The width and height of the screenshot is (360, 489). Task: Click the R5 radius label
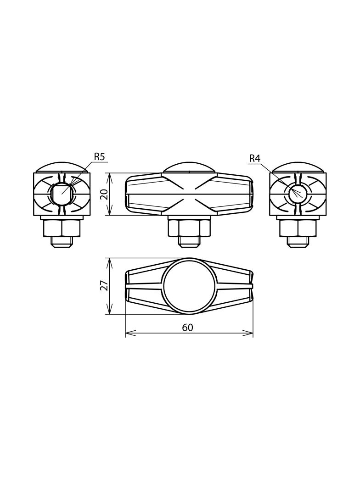coord(99,157)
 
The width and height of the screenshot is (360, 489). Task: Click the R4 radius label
coord(254,159)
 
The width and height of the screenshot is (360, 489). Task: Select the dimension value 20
coord(104,194)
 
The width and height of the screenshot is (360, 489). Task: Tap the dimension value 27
coord(104,285)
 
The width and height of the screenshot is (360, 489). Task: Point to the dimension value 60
coord(187,328)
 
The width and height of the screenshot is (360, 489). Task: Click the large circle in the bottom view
coord(189,286)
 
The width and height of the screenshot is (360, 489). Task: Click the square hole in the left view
coord(62,194)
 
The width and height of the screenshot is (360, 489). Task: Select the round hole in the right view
coord(298,194)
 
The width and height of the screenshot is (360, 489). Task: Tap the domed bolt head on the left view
coord(62,167)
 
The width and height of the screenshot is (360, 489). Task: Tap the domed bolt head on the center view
coord(189,167)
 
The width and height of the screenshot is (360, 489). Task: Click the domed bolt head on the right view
coord(298,167)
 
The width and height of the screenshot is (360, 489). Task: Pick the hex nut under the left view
coord(62,228)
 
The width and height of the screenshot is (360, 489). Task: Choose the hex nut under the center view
coord(189,228)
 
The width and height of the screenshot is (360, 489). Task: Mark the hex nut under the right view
coord(298,228)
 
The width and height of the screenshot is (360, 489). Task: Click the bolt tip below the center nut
coord(189,242)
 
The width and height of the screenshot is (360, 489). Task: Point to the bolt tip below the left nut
coord(62,242)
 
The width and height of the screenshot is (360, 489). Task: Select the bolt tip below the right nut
coord(298,242)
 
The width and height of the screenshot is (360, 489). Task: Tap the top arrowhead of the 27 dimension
coord(110,261)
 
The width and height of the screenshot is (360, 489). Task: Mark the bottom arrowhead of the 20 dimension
coord(110,212)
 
